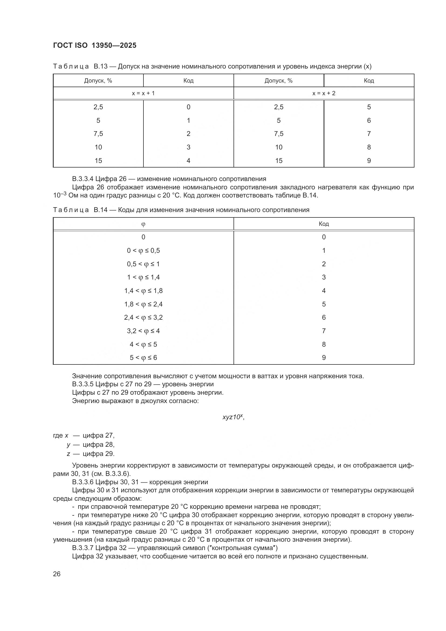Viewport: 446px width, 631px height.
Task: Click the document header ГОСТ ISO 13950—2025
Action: click(x=94, y=46)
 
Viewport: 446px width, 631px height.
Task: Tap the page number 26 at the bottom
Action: click(x=57, y=574)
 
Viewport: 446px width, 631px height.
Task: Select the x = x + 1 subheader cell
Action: click(x=143, y=93)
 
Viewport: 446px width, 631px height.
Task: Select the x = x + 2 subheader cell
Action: click(x=324, y=93)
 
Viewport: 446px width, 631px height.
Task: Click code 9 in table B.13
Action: click(x=369, y=161)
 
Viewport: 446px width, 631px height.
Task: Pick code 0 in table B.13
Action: click(x=188, y=107)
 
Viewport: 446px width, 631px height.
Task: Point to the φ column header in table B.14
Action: click(x=143, y=224)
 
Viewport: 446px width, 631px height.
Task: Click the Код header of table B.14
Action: click(x=324, y=224)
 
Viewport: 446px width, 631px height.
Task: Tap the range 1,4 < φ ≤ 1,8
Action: click(x=143, y=291)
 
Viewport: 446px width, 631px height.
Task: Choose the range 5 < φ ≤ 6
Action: click(x=143, y=357)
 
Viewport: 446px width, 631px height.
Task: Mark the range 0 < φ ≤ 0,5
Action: click(x=143, y=250)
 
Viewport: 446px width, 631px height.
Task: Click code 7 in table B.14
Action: click(x=324, y=331)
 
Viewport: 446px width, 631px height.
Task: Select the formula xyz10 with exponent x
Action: click(x=233, y=417)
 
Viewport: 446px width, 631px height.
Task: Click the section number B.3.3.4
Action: click(x=83, y=179)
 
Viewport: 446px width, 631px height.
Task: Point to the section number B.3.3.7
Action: click(x=83, y=548)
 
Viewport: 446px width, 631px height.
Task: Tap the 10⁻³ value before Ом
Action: click(x=60, y=195)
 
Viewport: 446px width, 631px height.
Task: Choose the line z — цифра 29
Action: click(x=91, y=453)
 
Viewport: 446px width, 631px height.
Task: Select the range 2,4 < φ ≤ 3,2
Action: click(x=143, y=318)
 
